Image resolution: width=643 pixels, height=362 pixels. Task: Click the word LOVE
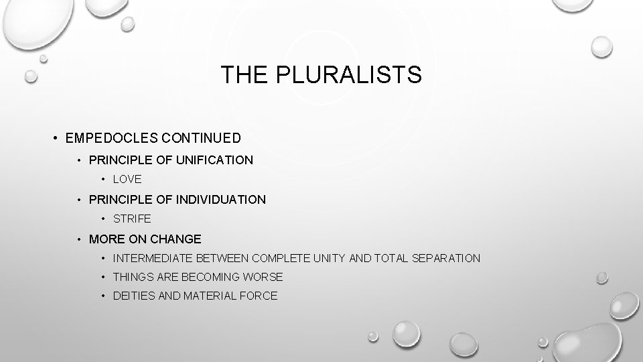point(127,180)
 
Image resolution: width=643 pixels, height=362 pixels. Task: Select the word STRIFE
point(132,219)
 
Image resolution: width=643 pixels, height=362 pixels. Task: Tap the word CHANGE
point(177,239)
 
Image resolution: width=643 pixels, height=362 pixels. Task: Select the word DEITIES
point(133,296)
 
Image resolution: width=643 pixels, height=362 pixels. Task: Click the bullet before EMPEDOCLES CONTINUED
point(54,139)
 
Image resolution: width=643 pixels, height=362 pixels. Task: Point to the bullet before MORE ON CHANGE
point(78,239)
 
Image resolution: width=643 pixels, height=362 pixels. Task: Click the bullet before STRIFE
point(103,219)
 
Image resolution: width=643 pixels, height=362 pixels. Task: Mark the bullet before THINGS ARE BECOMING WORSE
point(103,278)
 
